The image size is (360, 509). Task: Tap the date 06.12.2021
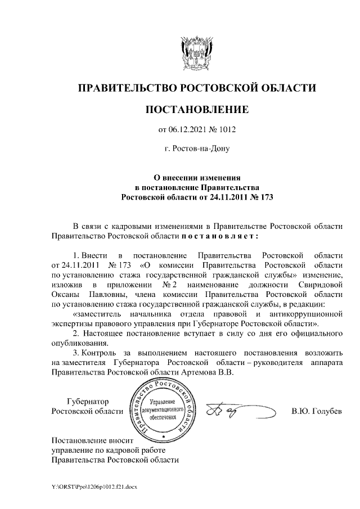[x=187, y=130]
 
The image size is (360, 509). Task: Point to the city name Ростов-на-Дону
[x=201, y=150]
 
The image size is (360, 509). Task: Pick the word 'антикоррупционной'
[x=306, y=315]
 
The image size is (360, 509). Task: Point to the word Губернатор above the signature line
[x=88, y=402]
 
